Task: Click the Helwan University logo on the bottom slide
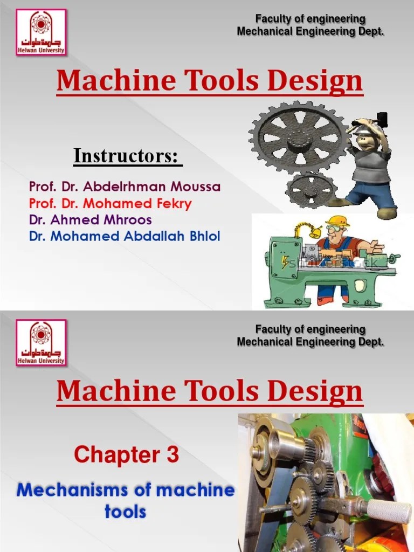pos(40,343)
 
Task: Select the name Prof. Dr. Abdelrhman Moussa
pos(125,188)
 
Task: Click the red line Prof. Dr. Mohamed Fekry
pos(110,204)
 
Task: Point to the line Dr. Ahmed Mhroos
pos(91,220)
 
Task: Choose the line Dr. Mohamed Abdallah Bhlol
pos(125,236)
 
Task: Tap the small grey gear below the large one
pos(311,190)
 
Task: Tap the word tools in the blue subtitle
pos(125,510)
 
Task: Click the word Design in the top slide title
pos(322,81)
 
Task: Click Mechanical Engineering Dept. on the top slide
pos(310,32)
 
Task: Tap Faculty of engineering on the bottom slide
pos(310,329)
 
